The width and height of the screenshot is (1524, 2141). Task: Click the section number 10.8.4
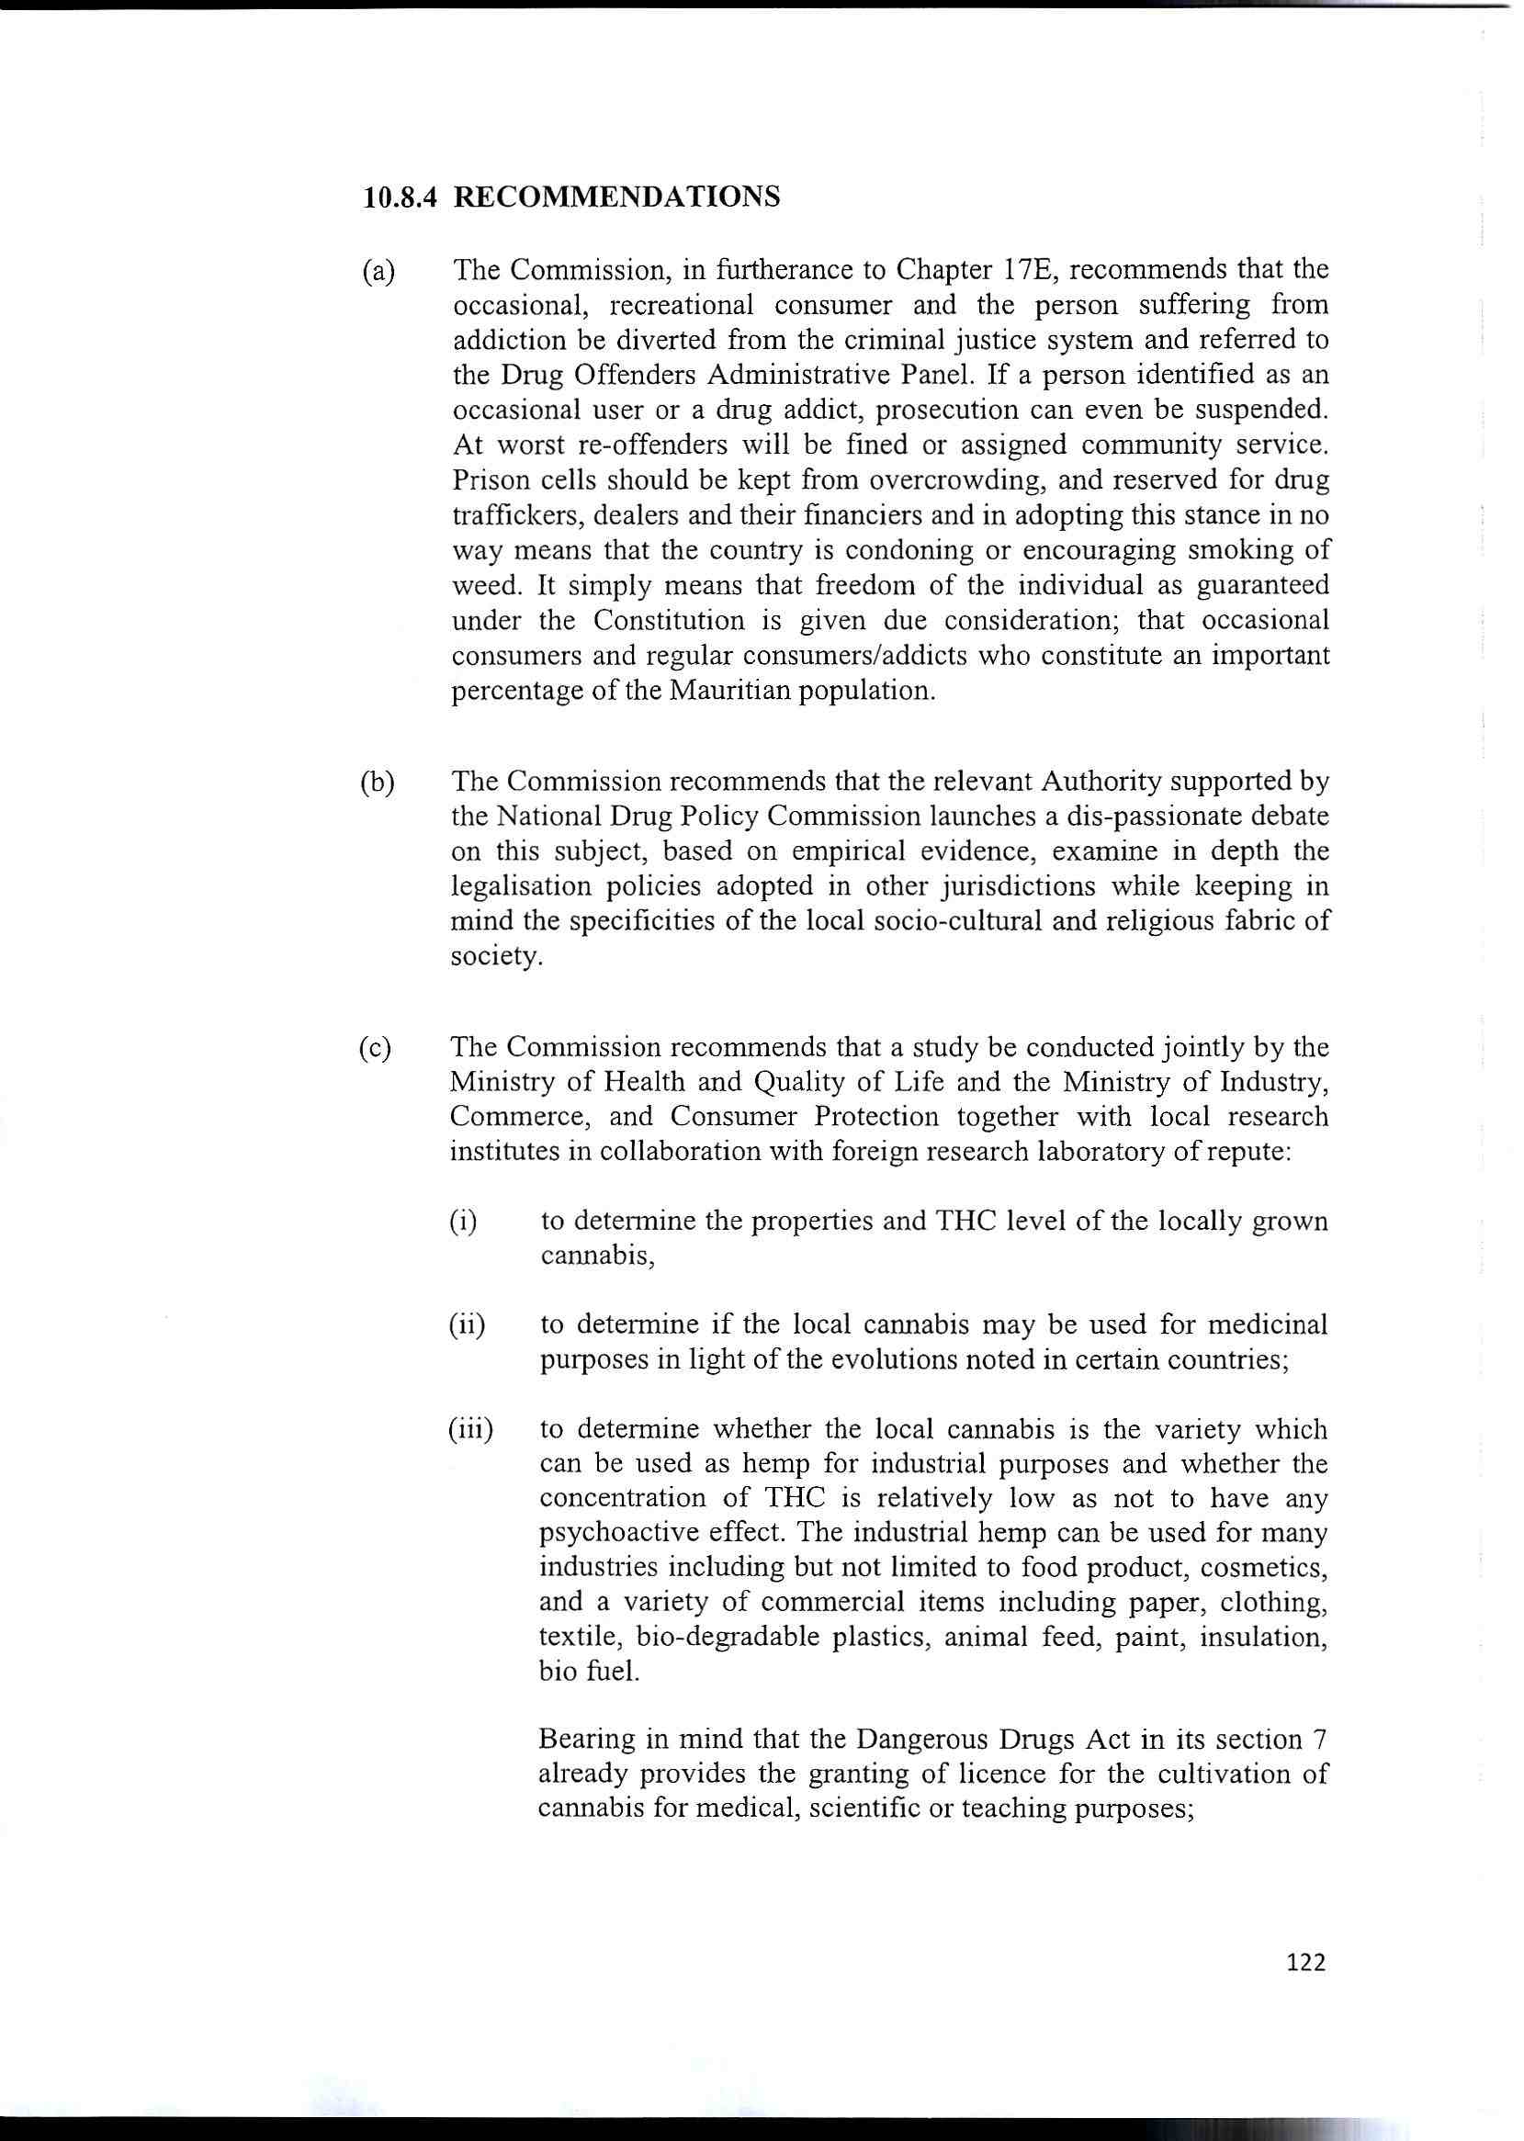[x=401, y=198]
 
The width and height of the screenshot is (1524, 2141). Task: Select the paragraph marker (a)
[x=379, y=271]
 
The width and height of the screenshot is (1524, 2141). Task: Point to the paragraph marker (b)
[x=378, y=782]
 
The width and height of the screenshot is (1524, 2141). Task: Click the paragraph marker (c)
[x=377, y=1047]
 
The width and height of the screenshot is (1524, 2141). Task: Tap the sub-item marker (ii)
[x=467, y=1324]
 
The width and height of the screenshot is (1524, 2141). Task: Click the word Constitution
[x=665, y=621]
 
